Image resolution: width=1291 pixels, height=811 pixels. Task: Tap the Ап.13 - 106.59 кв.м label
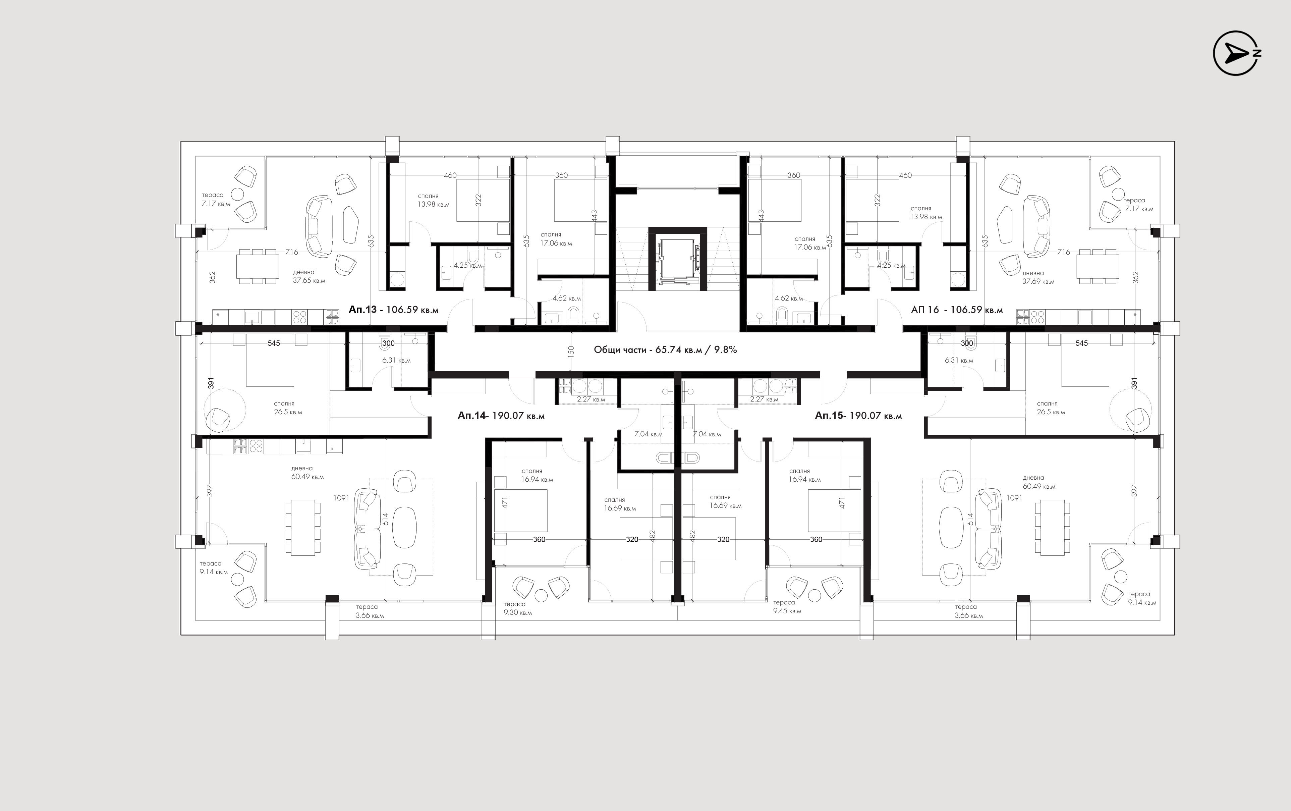[x=394, y=310]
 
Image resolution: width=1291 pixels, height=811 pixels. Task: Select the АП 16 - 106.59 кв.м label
[x=956, y=310]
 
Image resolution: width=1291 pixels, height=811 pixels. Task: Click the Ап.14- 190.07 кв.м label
[x=501, y=416]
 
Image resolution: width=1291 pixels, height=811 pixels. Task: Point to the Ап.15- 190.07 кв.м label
[x=858, y=416]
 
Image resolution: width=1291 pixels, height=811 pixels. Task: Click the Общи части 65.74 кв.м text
[x=648, y=350]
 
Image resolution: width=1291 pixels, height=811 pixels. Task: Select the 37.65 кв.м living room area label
[x=309, y=280]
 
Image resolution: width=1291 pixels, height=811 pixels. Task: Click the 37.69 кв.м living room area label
[x=1039, y=282]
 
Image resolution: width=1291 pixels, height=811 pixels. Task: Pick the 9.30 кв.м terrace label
[x=518, y=612]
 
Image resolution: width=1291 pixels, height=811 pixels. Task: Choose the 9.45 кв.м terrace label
[x=787, y=611]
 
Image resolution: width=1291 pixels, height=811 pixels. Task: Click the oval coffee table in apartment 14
[x=405, y=528]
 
